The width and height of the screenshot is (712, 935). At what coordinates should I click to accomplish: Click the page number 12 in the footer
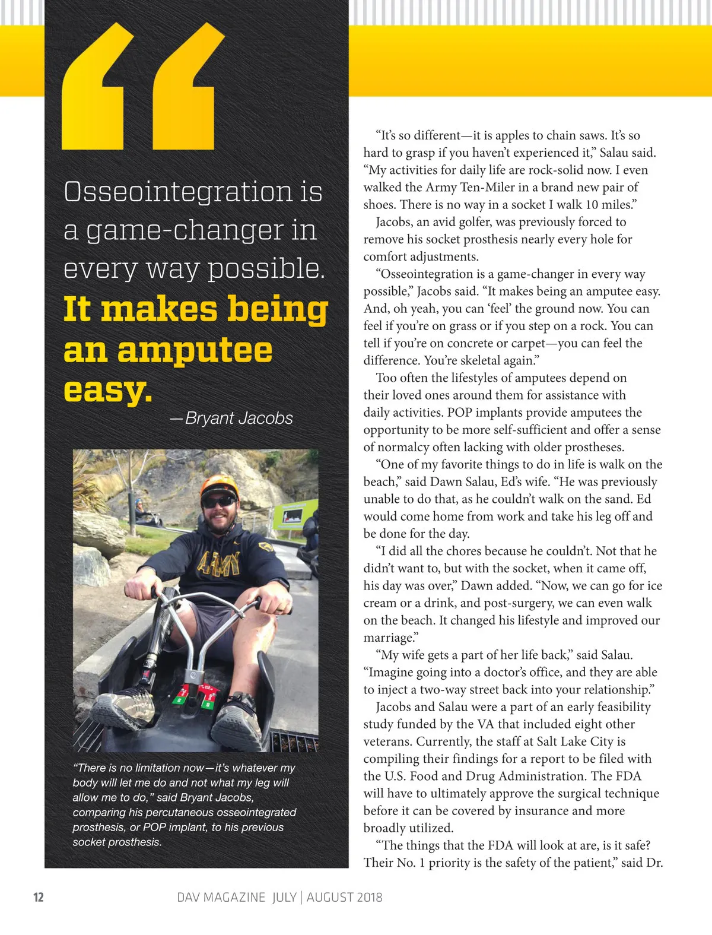[x=39, y=896]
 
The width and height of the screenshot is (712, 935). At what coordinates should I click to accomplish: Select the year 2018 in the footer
[x=368, y=897]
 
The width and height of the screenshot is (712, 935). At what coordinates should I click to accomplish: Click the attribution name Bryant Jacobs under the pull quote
[x=239, y=418]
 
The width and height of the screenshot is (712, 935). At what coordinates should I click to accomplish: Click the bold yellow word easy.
[x=107, y=390]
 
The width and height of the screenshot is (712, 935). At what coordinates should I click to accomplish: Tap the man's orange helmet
[x=219, y=486]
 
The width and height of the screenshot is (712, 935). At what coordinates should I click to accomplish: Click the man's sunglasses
[x=218, y=502]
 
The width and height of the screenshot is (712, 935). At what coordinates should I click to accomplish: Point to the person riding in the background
[x=140, y=510]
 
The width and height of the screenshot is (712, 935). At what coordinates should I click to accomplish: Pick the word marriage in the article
[x=389, y=638]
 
